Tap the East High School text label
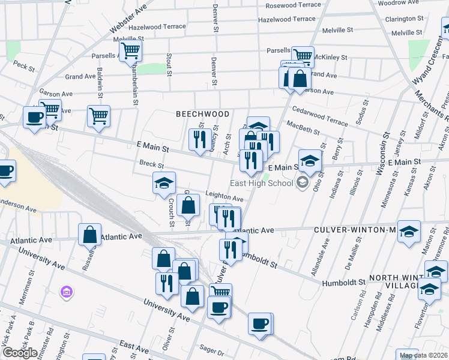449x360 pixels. [262, 183]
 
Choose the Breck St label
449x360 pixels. [151, 164]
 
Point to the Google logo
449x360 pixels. [20, 353]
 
